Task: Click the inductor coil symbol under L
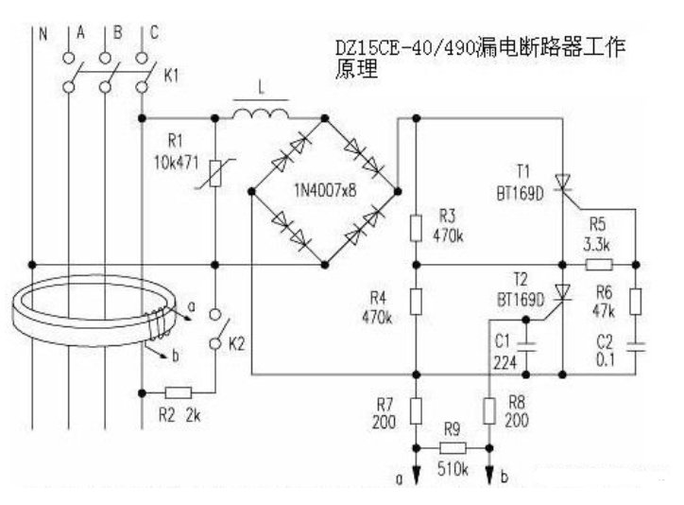tap(261, 113)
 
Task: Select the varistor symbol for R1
tap(215, 174)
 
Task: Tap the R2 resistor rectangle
tap(178, 392)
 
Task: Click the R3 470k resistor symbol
tap(416, 228)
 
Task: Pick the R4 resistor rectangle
tap(416, 301)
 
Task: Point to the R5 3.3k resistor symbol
tap(599, 265)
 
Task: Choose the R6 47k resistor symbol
tap(636, 301)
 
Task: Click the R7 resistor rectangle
tap(416, 410)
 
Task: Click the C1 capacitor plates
tap(526, 347)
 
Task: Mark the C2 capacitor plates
tap(636, 347)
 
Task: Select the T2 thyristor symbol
tap(562, 293)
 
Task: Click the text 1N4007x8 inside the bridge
tap(325, 190)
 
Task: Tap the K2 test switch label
tap(236, 344)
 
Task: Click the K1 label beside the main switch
tap(171, 76)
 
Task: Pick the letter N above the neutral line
tap(43, 34)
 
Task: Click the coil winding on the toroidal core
tap(158, 323)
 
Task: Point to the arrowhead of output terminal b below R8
tap(489, 476)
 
